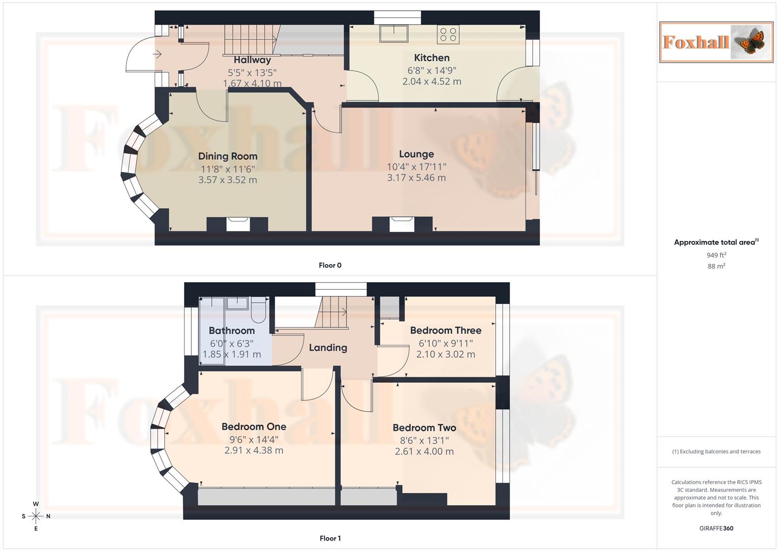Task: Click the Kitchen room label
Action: [x=432, y=58]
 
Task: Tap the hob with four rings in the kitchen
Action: [x=448, y=35]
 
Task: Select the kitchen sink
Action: [x=394, y=34]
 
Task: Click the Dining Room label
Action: [x=228, y=156]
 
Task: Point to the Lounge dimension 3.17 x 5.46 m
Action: [x=416, y=178]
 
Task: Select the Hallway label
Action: [x=252, y=60]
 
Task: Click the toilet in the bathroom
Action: [x=259, y=311]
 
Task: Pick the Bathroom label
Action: [x=232, y=331]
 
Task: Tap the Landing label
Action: [x=328, y=347]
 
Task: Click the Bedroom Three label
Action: [x=445, y=330]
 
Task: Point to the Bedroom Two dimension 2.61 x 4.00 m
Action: [x=424, y=452]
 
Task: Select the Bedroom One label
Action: [x=254, y=427]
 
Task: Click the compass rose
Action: [x=36, y=516]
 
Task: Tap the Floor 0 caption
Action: [x=330, y=265]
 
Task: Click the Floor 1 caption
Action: [x=330, y=538]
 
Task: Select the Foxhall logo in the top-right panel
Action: [x=716, y=42]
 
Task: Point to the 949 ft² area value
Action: [x=716, y=255]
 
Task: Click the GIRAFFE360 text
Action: [x=716, y=529]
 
